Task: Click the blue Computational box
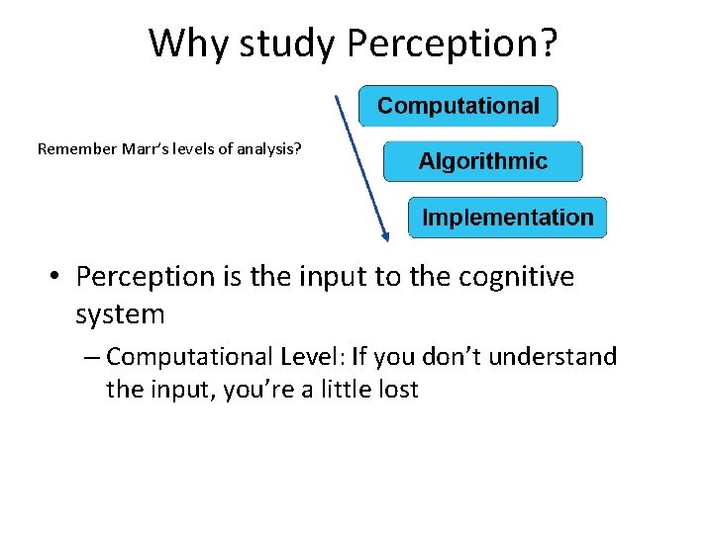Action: click(458, 106)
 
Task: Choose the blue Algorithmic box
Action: click(482, 161)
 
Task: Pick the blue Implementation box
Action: click(507, 218)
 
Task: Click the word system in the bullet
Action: click(120, 315)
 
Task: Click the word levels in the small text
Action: click(194, 150)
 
